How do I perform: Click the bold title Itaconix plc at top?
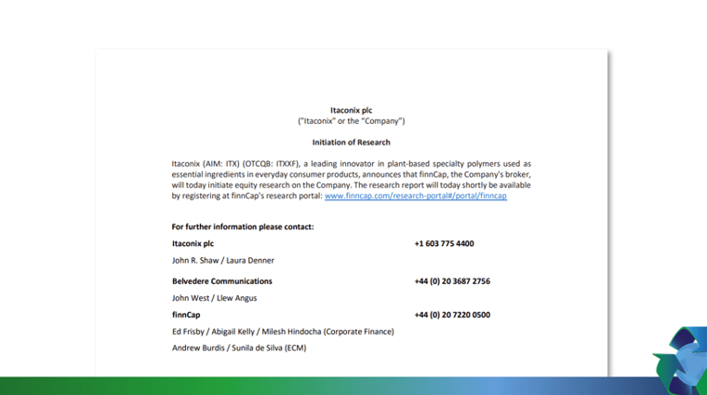(351, 110)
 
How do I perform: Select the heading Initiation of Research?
(351, 143)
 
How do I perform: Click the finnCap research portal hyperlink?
(415, 197)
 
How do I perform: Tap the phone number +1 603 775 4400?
(444, 243)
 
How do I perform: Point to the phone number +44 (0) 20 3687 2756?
(452, 280)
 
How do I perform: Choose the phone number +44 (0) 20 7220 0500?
(452, 315)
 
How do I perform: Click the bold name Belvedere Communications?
(221, 280)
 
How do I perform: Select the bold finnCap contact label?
(187, 315)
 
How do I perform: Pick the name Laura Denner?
(252, 261)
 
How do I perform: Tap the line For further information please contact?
(242, 226)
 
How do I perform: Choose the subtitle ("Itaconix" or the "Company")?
(351, 121)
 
